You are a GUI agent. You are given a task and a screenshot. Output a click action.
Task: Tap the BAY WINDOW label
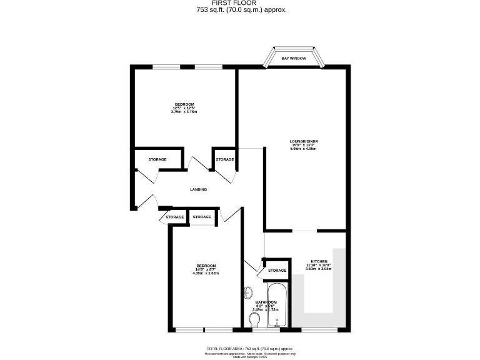tap(294, 57)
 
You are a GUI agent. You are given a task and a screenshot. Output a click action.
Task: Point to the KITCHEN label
tap(318, 261)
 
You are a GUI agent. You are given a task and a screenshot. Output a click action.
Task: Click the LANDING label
tap(198, 189)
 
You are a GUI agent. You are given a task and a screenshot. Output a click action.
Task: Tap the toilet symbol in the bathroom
tap(254, 320)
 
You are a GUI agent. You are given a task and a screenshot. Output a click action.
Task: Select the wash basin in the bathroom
tap(248, 292)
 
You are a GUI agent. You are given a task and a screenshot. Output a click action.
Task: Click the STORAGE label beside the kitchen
tap(277, 271)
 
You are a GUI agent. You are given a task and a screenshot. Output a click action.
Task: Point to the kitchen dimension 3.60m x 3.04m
tap(318, 269)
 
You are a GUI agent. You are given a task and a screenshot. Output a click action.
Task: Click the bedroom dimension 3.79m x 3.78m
tap(184, 111)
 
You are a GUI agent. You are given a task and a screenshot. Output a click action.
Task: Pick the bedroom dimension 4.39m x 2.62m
tap(206, 273)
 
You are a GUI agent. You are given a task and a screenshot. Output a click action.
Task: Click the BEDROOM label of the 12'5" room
tap(184, 104)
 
